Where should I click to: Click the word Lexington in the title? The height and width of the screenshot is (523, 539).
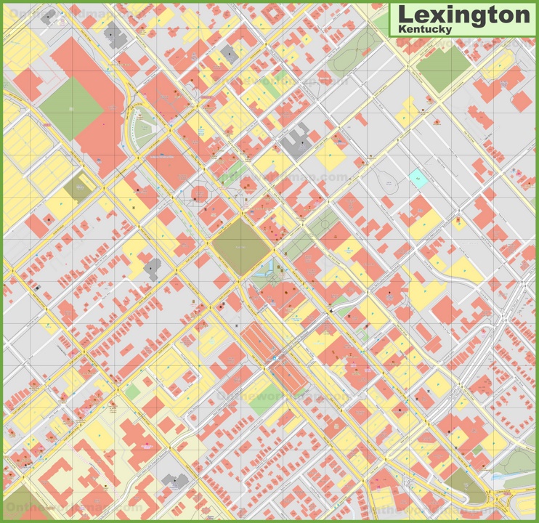(x=462, y=14)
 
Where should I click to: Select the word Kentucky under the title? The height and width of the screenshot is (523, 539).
(x=425, y=29)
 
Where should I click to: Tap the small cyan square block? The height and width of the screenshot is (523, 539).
(x=418, y=177)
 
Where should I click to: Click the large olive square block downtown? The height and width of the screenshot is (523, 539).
(x=241, y=247)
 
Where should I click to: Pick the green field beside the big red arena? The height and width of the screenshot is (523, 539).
(x=71, y=108)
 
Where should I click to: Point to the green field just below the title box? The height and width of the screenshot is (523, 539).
(x=443, y=68)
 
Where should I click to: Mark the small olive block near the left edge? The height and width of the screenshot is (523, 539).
(x=77, y=188)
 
